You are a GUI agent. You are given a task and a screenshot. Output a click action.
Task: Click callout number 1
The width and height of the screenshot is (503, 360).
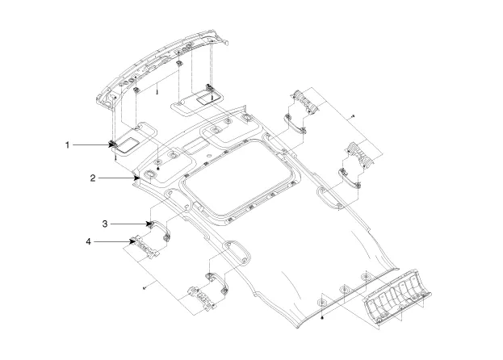(x=69, y=144)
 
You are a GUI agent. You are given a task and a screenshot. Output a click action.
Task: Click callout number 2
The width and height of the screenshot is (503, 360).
(x=94, y=176)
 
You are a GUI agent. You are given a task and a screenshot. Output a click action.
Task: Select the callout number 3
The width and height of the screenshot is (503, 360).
(x=105, y=222)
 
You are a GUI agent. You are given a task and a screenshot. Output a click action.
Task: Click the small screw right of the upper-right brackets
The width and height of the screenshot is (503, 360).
(x=354, y=117)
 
